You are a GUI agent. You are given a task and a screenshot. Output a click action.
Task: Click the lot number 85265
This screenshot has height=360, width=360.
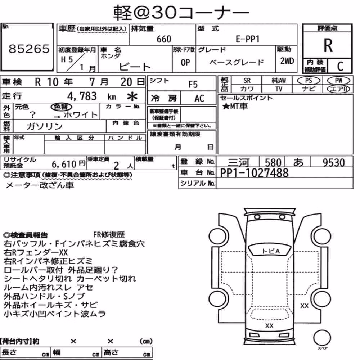(x=29, y=49)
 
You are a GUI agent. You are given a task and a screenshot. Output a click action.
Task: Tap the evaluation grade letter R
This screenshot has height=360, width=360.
(x=328, y=45)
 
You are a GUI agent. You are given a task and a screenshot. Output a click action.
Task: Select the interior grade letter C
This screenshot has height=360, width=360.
(x=340, y=66)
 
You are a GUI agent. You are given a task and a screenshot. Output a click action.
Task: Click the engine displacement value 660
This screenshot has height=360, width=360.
(x=164, y=39)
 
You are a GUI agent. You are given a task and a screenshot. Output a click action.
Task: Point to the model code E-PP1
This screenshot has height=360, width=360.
(x=248, y=39)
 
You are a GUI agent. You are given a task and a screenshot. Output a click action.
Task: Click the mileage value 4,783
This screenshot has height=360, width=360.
(x=82, y=96)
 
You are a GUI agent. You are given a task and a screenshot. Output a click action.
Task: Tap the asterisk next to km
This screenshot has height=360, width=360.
(x=132, y=96)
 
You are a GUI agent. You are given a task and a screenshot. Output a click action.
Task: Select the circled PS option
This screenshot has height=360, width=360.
(x=309, y=81)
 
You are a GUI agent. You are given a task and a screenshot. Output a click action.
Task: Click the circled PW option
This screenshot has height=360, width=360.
(x=338, y=81)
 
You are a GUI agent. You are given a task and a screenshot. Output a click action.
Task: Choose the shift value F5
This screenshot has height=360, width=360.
(x=193, y=85)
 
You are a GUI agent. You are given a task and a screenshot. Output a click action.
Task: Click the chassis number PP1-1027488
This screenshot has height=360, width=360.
(x=254, y=173)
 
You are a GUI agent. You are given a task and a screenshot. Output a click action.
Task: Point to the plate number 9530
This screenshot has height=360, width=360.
(x=334, y=163)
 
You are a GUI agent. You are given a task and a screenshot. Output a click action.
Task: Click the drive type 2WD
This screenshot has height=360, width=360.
(x=287, y=61)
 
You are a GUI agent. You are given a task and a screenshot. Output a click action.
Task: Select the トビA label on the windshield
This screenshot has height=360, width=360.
(x=271, y=251)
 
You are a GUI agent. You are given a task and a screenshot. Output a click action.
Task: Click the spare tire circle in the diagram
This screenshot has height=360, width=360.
(x=322, y=338)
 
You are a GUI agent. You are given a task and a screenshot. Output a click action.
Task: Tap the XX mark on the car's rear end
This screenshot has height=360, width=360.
(x=269, y=326)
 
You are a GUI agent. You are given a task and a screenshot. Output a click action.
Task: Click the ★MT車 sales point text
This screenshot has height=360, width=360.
(x=235, y=106)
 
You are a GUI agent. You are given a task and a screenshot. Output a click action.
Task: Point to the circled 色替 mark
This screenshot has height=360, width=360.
(x=61, y=107)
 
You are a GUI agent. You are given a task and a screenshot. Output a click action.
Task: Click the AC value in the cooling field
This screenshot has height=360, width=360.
(x=199, y=99)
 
